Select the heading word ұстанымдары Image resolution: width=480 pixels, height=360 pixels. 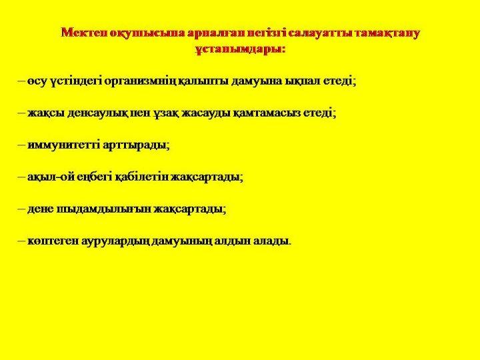pyautogui.click(x=240, y=49)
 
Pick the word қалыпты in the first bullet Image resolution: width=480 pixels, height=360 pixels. pyautogui.click(x=203, y=82)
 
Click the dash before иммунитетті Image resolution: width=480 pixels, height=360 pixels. pyautogui.click(x=21, y=145)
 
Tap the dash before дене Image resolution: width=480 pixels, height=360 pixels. pyautogui.click(x=21, y=209)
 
